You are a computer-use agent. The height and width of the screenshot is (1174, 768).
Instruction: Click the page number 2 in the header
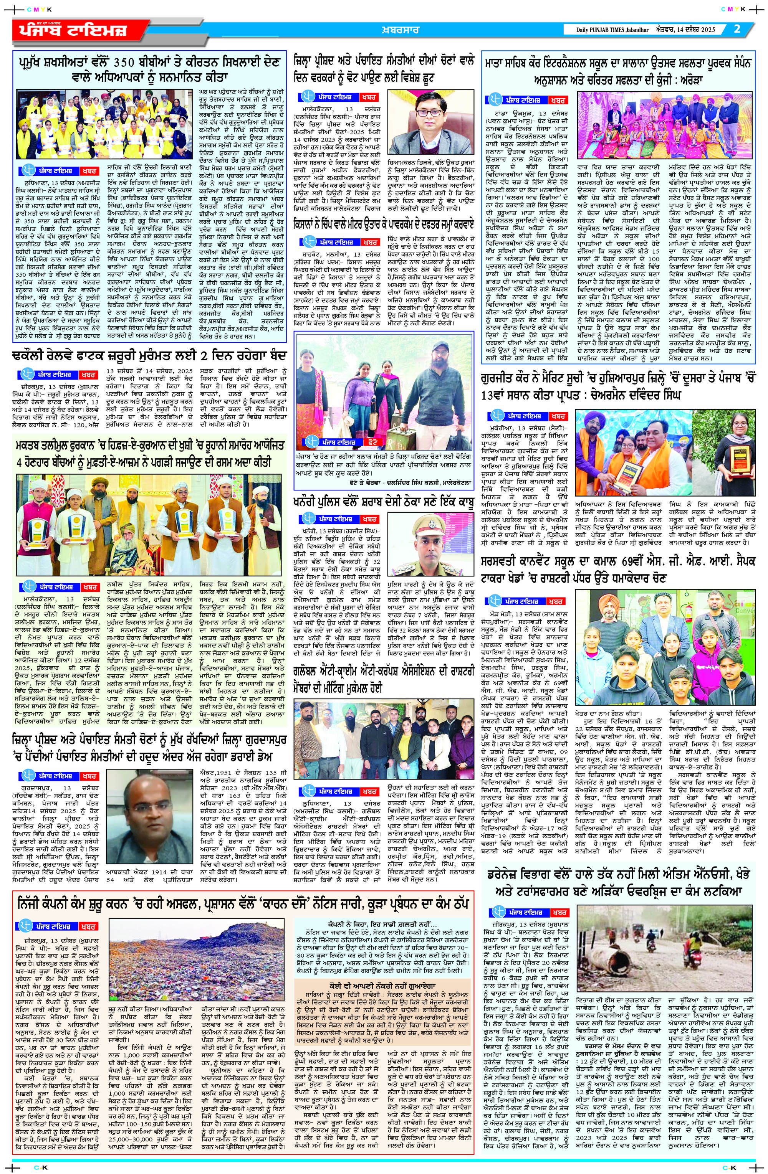click(x=737, y=29)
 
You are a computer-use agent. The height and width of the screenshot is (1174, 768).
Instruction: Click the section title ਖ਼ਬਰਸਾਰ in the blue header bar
click(x=400, y=30)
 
